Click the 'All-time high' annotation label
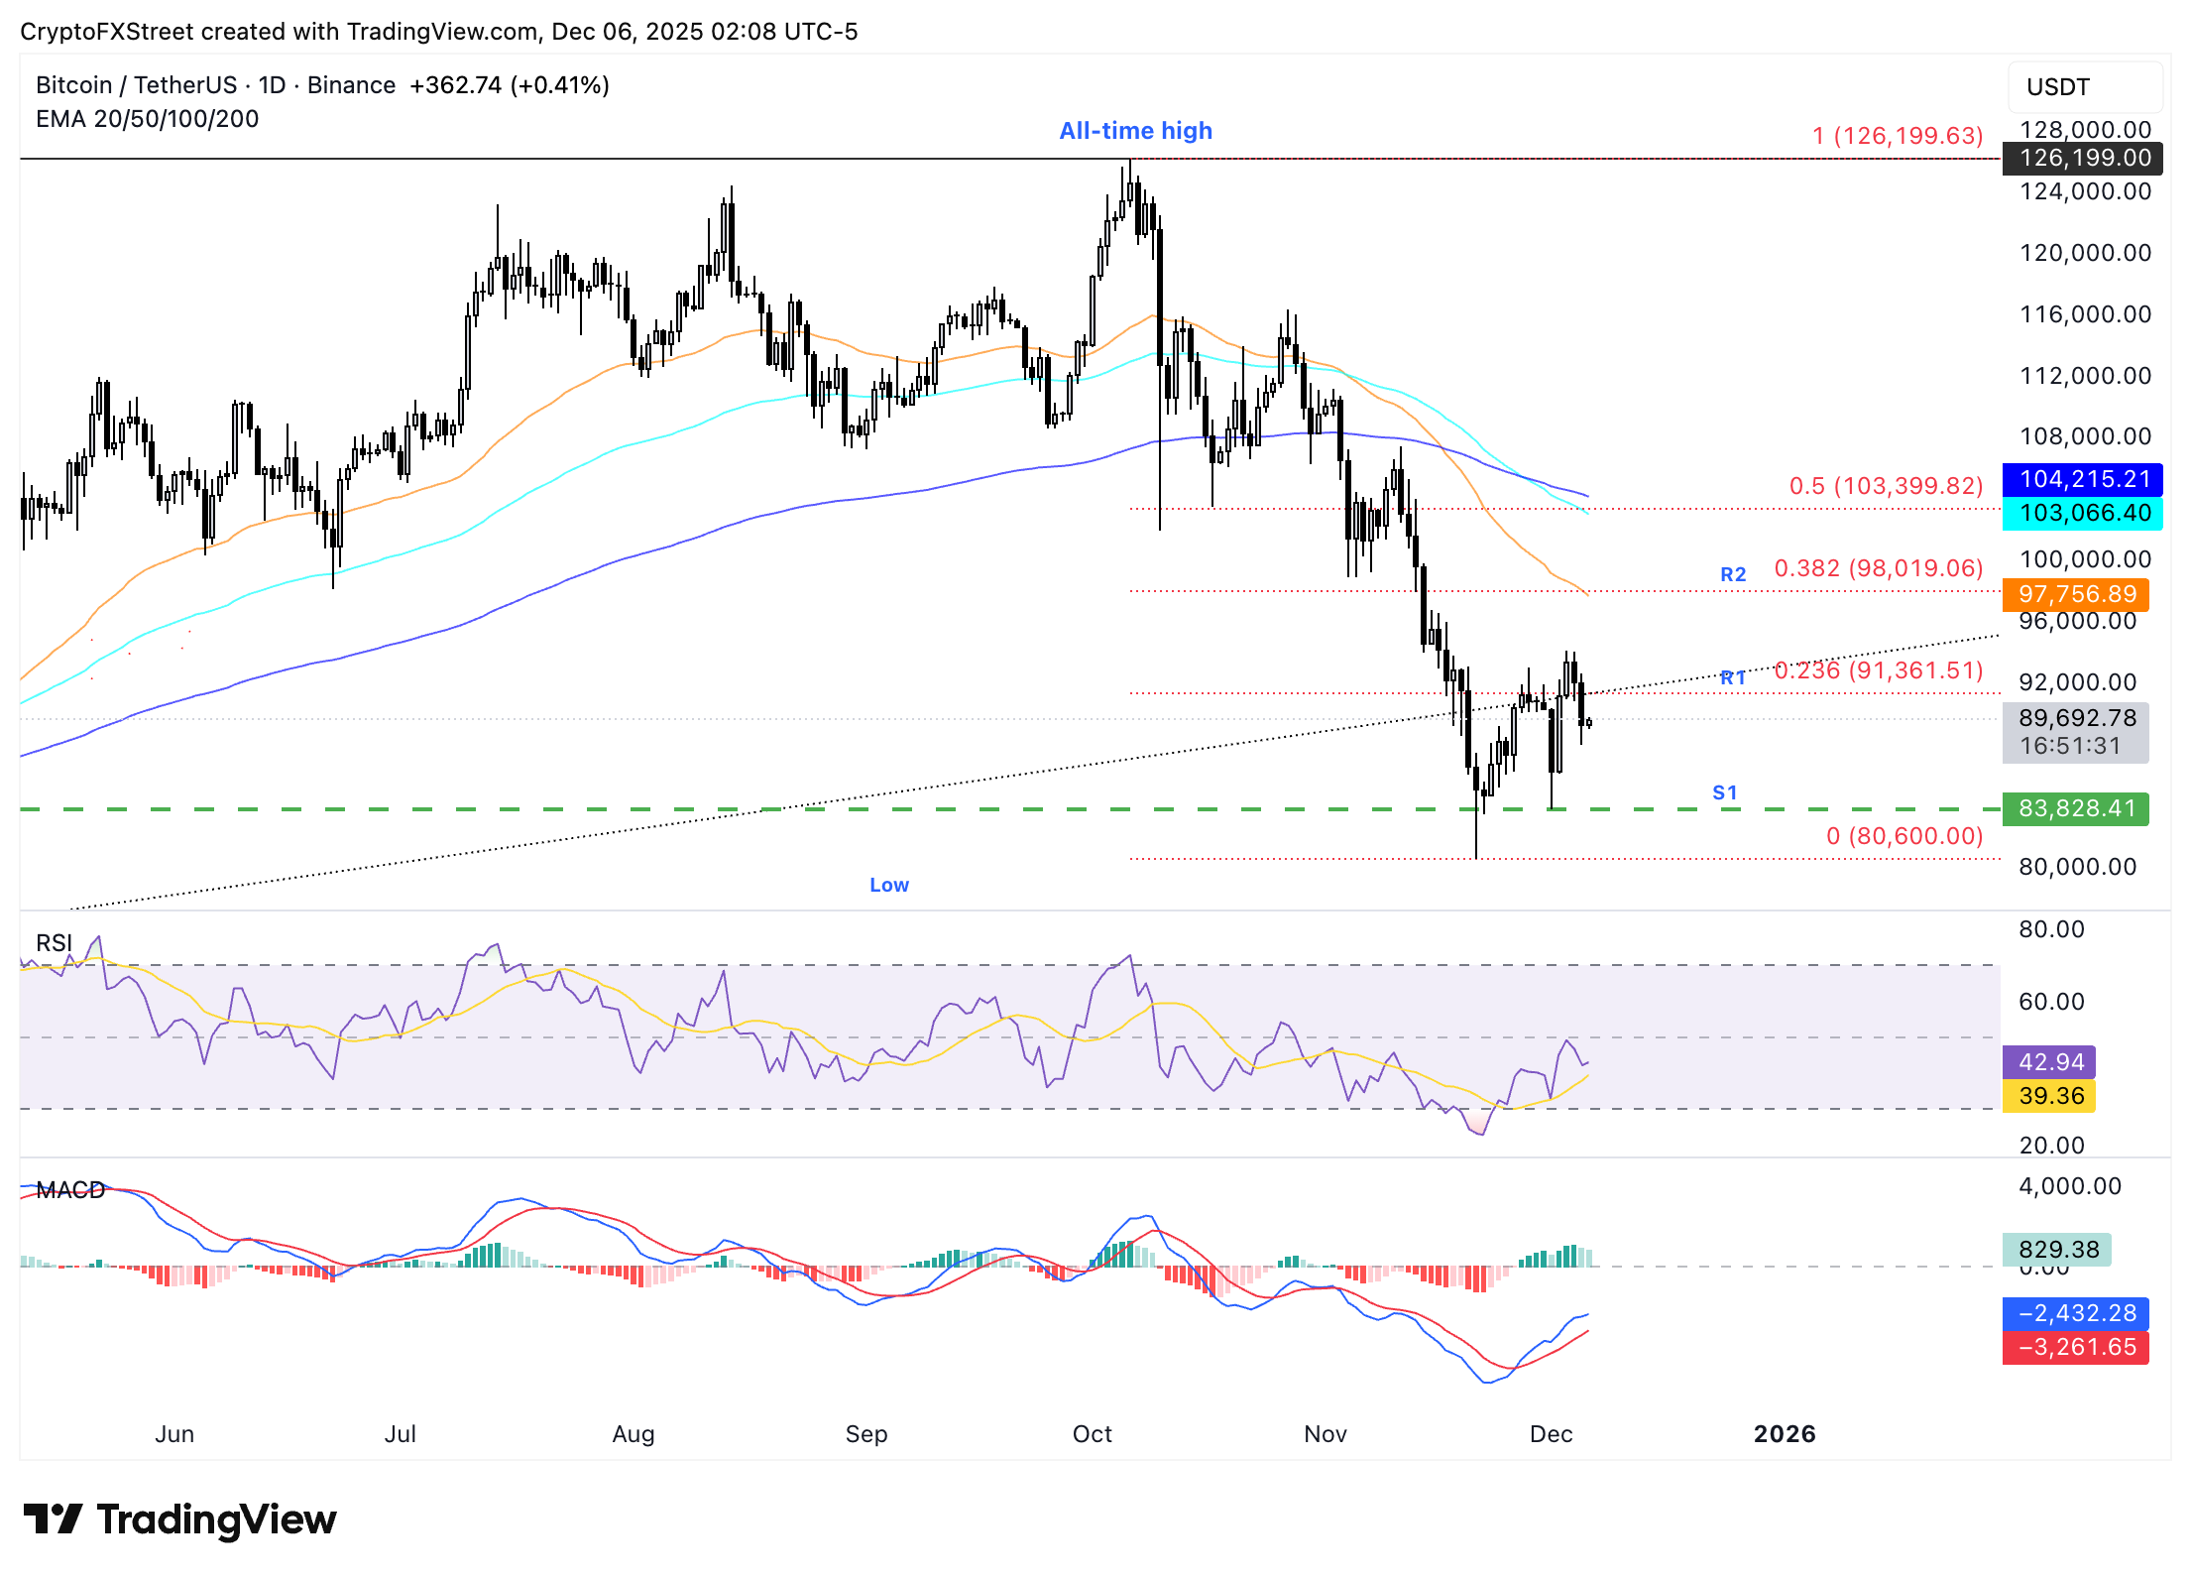pyautogui.click(x=1135, y=131)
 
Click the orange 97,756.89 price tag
pyautogui.click(x=2076, y=594)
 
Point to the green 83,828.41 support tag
pyautogui.click(x=2076, y=808)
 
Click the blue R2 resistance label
pyautogui.click(x=1733, y=574)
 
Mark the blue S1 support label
pyautogui.click(x=1725, y=792)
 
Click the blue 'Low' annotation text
pyautogui.click(x=889, y=885)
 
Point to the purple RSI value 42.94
pyautogui.click(x=2049, y=1062)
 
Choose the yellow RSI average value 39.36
pyautogui.click(x=2049, y=1096)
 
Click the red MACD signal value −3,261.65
pyautogui.click(x=2076, y=1347)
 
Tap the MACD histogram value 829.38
pyautogui.click(x=2057, y=1250)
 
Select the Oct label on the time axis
pyautogui.click(x=1093, y=1434)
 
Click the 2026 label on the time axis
pyautogui.click(x=1785, y=1434)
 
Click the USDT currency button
pyautogui.click(x=2085, y=87)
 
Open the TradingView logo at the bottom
pyautogui.click(x=180, y=1519)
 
